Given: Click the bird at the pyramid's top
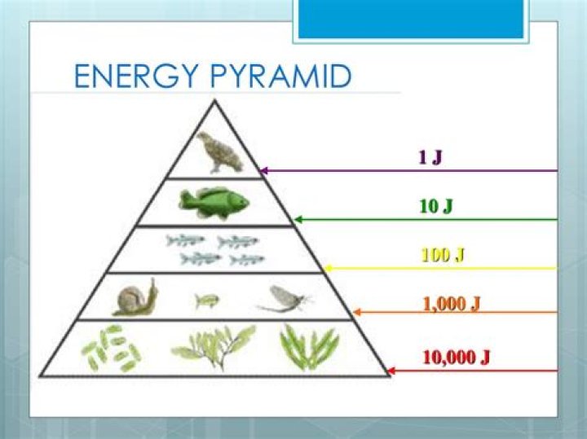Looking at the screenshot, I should pos(219,152).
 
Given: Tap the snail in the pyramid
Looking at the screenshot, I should pos(135,298).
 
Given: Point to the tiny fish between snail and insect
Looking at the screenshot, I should pos(206,301).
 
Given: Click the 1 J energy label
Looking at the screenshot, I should pos(430,157).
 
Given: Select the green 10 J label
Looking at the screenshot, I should pos(436,206).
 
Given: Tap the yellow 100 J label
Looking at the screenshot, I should pos(443,255).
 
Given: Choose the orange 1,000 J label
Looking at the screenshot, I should pos(451,304).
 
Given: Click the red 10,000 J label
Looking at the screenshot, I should pos(456,357).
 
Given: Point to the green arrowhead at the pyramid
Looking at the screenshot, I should pos(298,219).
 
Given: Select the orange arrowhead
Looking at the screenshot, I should pos(357,311).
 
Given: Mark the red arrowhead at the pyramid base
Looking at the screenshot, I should pos(391,371).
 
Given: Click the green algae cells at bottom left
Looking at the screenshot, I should pos(111,347).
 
